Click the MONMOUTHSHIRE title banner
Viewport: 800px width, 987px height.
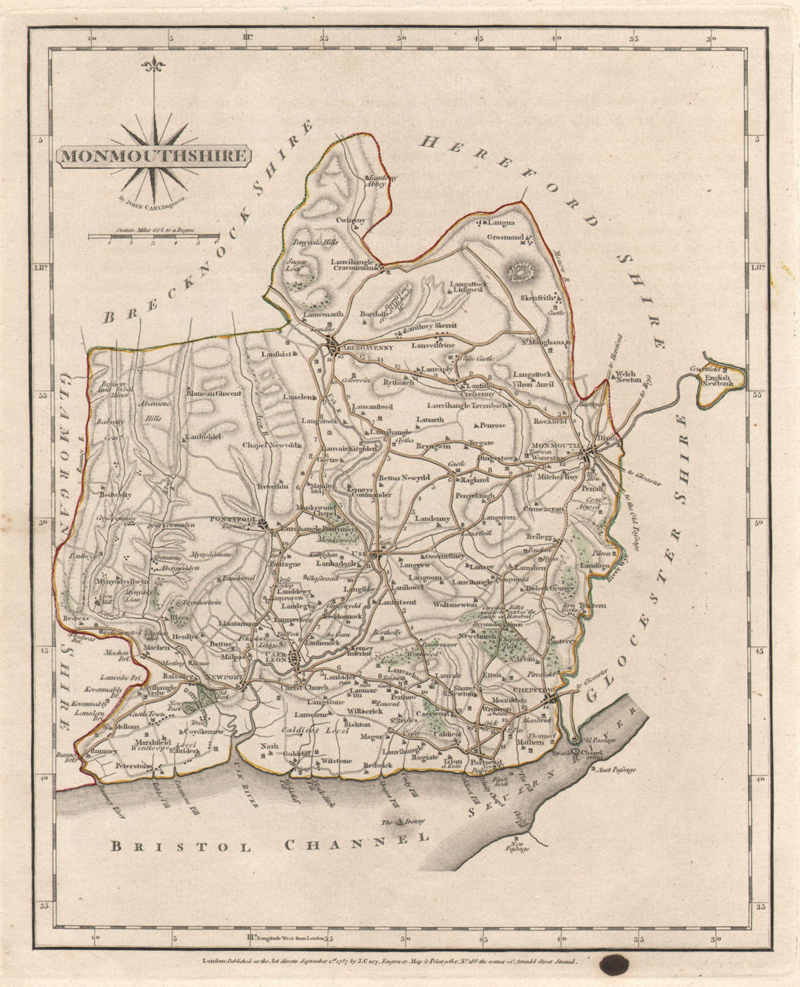(152, 155)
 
